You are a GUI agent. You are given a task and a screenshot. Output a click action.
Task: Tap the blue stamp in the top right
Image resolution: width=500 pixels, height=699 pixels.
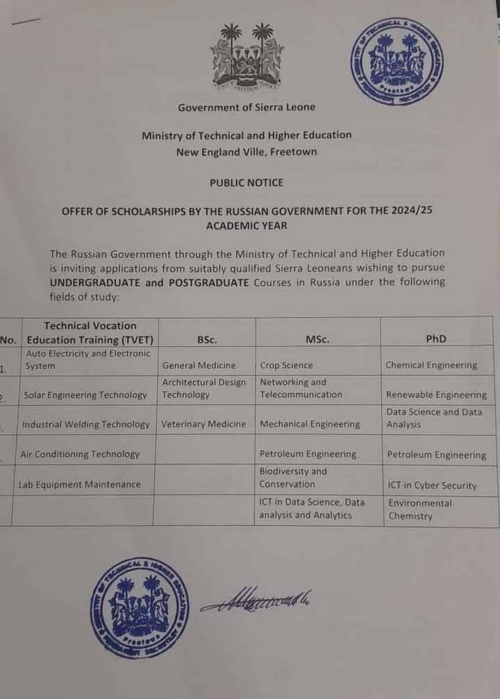point(397,62)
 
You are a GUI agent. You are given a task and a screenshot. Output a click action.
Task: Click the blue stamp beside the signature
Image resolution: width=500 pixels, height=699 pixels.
point(140,607)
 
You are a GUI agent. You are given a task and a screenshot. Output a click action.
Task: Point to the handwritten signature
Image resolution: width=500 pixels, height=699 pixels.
point(256,600)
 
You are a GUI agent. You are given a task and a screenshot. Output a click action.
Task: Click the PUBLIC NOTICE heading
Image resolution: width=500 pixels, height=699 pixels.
point(247,182)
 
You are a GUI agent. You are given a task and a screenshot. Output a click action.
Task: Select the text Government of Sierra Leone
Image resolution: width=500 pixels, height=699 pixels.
point(247,107)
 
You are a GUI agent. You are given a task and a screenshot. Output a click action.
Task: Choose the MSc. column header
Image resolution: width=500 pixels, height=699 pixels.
point(317,339)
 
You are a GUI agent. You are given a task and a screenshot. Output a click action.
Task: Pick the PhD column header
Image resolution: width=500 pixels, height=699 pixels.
point(436,339)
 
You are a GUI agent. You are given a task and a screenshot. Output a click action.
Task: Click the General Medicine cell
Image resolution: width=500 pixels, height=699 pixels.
point(199,365)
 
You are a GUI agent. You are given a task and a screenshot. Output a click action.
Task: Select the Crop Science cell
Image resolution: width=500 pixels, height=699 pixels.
point(287,365)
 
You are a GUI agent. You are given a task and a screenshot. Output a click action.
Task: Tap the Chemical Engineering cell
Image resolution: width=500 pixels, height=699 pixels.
point(431,365)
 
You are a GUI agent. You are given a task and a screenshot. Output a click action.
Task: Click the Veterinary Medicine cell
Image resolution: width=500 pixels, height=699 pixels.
point(203,424)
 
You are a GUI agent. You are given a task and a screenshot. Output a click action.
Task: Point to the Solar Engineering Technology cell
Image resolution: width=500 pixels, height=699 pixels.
point(85,395)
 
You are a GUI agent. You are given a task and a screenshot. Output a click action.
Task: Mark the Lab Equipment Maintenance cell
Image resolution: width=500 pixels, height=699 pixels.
point(79,484)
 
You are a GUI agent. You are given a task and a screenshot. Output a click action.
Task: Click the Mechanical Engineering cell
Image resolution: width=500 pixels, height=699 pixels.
point(310,424)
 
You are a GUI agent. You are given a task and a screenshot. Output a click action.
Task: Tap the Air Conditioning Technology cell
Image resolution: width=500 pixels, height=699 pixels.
point(80,454)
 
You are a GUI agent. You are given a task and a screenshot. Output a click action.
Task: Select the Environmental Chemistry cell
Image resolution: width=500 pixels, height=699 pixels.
point(420,509)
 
